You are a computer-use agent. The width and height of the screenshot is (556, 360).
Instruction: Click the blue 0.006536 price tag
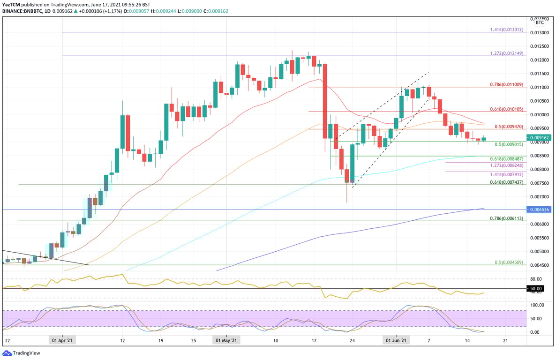(539, 209)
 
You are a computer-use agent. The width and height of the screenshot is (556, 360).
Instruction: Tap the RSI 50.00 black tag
(536, 289)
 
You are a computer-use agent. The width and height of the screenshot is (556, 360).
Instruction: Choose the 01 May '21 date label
(226, 341)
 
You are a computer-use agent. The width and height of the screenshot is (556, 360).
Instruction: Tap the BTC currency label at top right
(540, 22)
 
